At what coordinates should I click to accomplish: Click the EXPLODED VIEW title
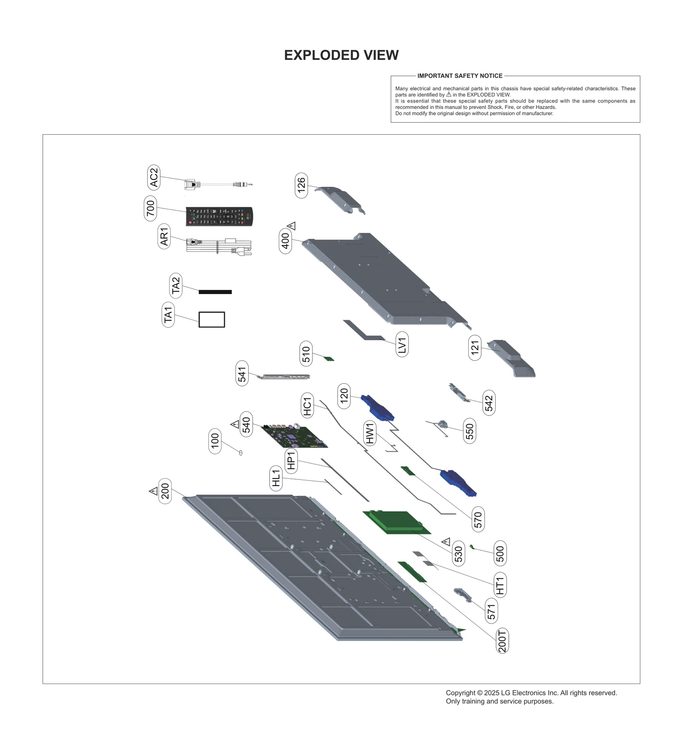coord(341,55)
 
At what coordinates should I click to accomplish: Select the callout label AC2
coord(154,178)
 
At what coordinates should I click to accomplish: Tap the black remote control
coord(219,216)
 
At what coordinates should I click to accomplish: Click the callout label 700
coord(150,209)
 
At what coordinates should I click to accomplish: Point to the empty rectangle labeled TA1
coord(212,319)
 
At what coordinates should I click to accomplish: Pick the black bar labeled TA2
coord(215,292)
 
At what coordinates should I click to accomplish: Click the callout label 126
coord(301,185)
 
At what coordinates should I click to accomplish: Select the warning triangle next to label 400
coord(292,226)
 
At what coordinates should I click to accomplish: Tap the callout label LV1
coord(402,344)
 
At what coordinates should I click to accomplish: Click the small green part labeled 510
coord(330,359)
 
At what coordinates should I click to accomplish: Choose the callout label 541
coord(242,374)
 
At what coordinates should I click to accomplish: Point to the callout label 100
coord(215,441)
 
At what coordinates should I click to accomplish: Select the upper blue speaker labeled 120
coord(378,408)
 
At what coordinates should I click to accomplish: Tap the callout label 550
coord(470,431)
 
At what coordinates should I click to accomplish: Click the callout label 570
coord(478,519)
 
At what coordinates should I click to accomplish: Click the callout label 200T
coord(502,641)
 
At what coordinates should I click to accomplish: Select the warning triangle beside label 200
coord(153,491)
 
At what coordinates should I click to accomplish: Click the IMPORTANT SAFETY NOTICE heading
coord(460,76)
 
